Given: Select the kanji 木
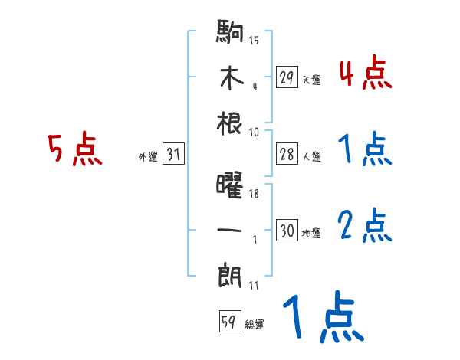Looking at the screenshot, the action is (230, 78).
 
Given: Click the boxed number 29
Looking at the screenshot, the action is (287, 77).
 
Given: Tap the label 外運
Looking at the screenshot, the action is (147, 157).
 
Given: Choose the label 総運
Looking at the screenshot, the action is (254, 325).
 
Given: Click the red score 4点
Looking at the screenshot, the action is (365, 74).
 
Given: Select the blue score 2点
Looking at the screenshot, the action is (365, 227).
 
